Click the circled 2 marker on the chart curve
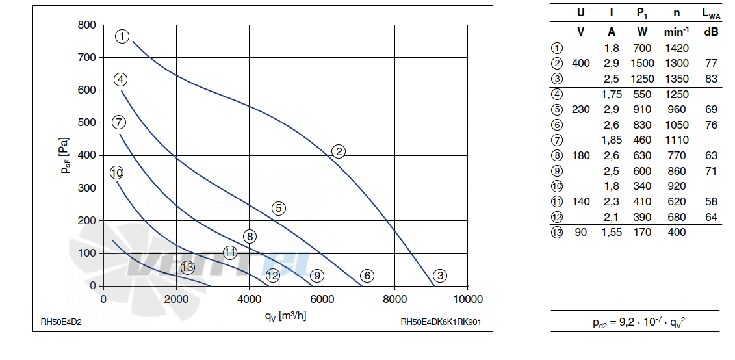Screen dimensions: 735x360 pos(338,151)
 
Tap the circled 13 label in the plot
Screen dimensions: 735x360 pos(188,268)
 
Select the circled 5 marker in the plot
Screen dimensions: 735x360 pos(278,208)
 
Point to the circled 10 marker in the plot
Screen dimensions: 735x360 pos(117,172)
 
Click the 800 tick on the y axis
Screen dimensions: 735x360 pos(86,25)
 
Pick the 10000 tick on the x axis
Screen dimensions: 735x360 pos(467,299)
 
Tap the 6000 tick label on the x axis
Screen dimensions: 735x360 pos(322,299)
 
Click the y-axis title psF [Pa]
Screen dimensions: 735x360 pos(65,155)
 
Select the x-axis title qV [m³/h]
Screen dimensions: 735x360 pos(285,316)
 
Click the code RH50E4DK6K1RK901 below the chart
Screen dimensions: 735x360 pos(441,322)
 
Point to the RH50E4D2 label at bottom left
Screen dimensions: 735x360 pos(60,322)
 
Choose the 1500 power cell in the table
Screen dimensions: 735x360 pos(642,63)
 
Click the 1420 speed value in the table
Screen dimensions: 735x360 pos(677,48)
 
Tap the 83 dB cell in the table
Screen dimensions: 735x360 pos(711,79)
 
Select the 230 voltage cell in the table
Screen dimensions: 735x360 pos(581,110)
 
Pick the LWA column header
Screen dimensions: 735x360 pos(711,14)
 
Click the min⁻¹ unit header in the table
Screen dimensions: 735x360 pos(677,31)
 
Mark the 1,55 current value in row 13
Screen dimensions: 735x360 pos(612,232)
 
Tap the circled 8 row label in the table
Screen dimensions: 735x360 pos(557,155)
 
